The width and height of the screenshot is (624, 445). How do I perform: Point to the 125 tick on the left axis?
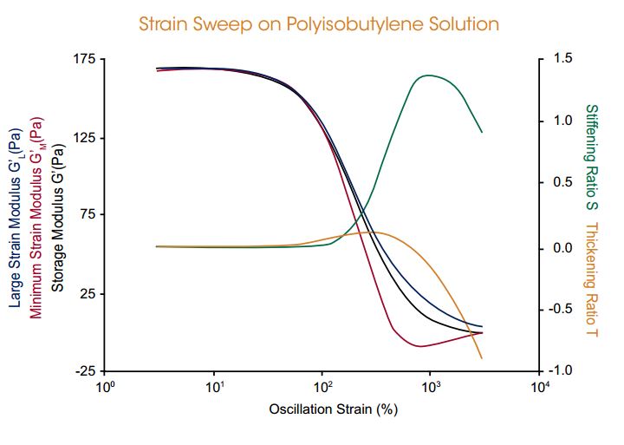pos(85,138)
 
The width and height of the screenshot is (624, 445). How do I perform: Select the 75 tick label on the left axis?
pos(88,215)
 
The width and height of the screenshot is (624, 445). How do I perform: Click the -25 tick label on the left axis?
pos(86,371)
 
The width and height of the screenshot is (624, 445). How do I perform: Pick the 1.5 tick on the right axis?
pos(562,59)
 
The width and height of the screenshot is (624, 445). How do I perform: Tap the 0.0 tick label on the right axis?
pos(562,248)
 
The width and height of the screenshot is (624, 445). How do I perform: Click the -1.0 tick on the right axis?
pos(561,370)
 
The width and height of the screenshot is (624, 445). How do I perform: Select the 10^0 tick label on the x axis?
pos(105,388)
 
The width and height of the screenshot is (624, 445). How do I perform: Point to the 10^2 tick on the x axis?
pos(322,388)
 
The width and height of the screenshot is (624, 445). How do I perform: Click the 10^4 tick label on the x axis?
pos(539,388)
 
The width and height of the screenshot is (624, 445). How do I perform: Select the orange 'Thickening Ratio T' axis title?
pos(591,279)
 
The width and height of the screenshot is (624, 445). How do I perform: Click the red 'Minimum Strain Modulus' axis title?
pos(36,219)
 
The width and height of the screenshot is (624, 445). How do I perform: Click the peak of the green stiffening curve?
pos(430,75)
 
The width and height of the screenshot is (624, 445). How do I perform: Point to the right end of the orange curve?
pos(482,358)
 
